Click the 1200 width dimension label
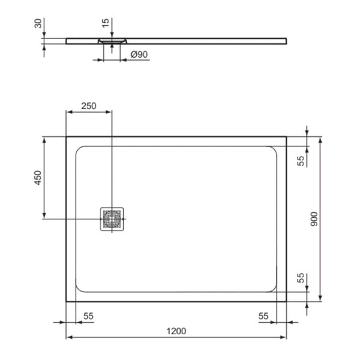click(x=176, y=331)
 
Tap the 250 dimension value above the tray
click(x=88, y=106)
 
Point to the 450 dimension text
click(x=37, y=178)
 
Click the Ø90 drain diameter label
click(x=139, y=55)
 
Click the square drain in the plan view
click(x=112, y=218)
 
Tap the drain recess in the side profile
click(x=112, y=41)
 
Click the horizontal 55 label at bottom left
click(x=88, y=315)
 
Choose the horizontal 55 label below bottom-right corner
click(x=263, y=315)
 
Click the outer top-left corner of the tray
click(x=66, y=137)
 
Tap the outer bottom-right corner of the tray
click(x=286, y=301)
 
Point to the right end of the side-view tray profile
click(x=286, y=41)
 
